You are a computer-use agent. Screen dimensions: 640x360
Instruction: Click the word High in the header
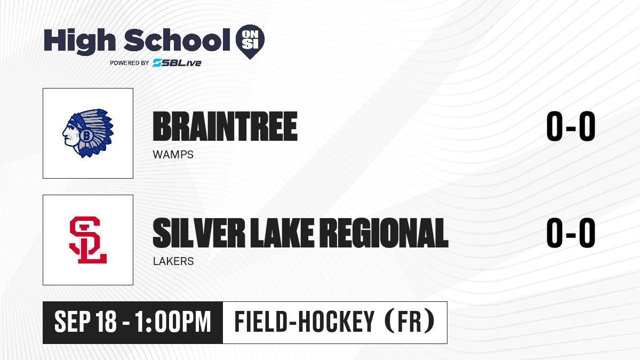[x=79, y=42]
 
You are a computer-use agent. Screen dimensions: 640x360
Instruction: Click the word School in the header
[x=177, y=40]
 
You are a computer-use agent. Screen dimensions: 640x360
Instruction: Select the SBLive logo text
[x=177, y=63]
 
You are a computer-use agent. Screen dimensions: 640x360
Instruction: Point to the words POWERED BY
[x=130, y=63]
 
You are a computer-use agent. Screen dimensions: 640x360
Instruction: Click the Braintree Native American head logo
[x=88, y=133]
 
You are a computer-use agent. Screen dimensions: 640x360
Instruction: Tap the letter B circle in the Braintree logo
[x=86, y=135]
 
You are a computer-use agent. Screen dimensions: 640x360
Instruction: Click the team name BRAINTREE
[x=225, y=126]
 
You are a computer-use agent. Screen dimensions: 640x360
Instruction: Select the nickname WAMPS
[x=173, y=155]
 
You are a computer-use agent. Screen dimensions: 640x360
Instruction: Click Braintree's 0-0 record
[x=571, y=126]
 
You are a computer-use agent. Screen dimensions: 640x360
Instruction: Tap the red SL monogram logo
[x=88, y=240]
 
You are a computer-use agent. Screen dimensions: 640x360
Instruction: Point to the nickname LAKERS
[x=173, y=261]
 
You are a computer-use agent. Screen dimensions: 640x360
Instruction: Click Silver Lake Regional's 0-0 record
[x=571, y=233]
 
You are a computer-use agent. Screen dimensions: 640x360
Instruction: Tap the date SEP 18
[x=85, y=322]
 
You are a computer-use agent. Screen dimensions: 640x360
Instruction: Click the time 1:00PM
[x=173, y=322]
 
